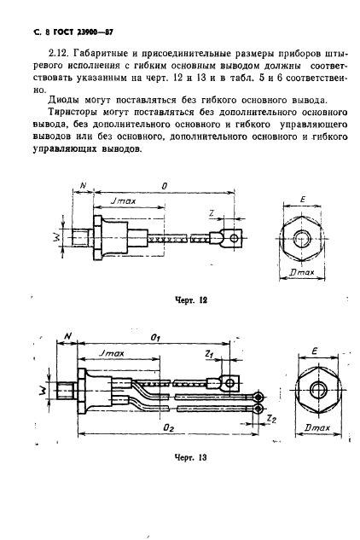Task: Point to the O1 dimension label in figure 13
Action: (155, 338)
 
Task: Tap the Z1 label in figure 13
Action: (209, 352)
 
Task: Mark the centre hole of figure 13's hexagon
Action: (317, 389)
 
